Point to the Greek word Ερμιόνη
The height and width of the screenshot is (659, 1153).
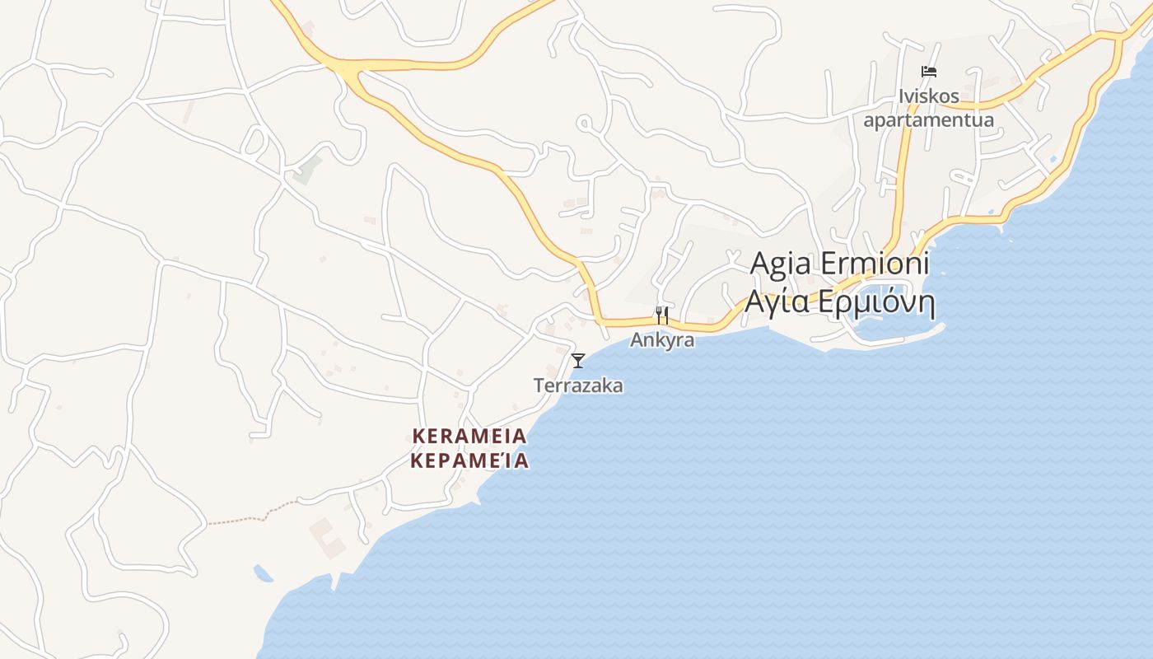(x=878, y=303)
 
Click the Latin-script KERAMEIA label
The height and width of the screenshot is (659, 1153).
(x=469, y=436)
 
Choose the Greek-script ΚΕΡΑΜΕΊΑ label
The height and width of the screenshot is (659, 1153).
(x=469, y=460)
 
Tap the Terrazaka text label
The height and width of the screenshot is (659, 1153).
(x=578, y=386)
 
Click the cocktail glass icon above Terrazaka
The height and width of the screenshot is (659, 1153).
(x=578, y=360)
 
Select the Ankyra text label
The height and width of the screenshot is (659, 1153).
(x=662, y=339)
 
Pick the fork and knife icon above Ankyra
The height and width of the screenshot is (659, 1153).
(x=661, y=315)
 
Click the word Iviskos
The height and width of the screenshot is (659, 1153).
(x=929, y=96)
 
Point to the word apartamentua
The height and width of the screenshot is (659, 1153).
(x=928, y=120)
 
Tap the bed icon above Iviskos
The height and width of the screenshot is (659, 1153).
(x=929, y=72)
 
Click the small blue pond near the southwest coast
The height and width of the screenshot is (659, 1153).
(x=263, y=573)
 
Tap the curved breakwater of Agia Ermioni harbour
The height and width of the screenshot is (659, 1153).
(x=906, y=336)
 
